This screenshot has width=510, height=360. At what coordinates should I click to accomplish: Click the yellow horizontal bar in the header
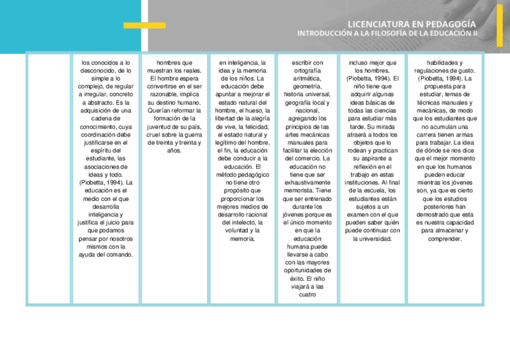(x=144, y=25)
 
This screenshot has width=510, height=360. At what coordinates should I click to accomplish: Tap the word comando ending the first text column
(x=120, y=254)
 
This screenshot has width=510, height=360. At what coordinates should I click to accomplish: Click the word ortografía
(x=307, y=70)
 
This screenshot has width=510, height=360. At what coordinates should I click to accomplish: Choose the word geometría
(x=307, y=86)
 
